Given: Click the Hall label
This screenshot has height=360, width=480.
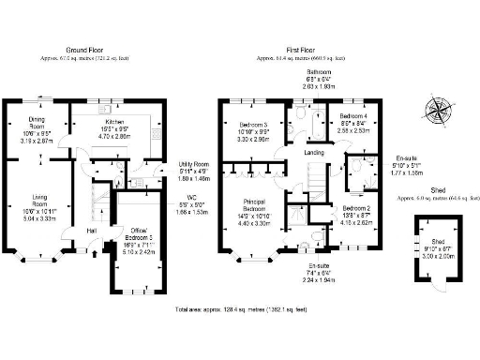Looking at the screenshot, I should coord(92,230).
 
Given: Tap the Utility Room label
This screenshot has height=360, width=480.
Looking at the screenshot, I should coord(194,170).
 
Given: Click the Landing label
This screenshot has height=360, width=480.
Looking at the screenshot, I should coord(313,151).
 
